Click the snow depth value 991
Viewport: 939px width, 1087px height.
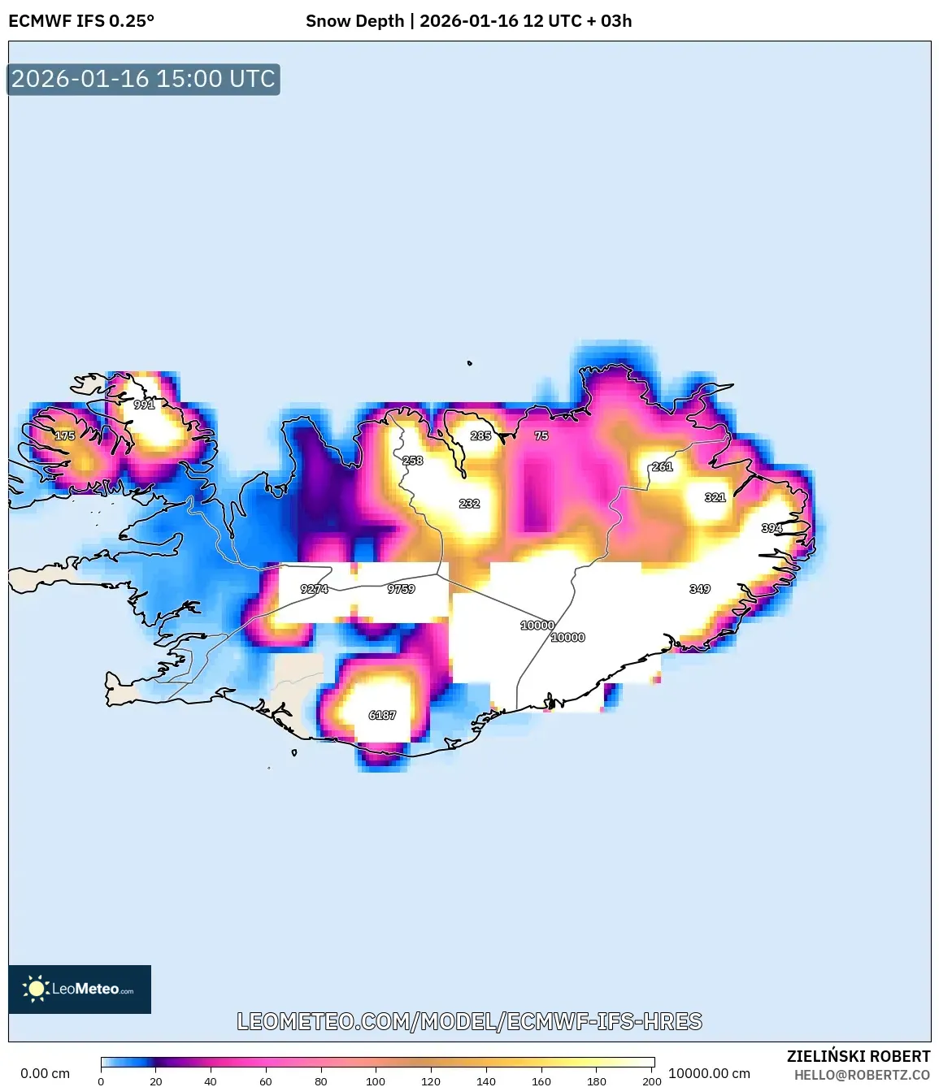pyautogui.click(x=144, y=405)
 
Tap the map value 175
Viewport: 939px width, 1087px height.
pyautogui.click(x=65, y=436)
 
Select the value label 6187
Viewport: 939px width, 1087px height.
pyautogui.click(x=382, y=716)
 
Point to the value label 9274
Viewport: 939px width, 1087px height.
pyautogui.click(x=315, y=589)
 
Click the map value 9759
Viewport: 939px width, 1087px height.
pyautogui.click(x=402, y=589)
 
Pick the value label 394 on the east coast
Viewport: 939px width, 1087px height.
pyautogui.click(x=772, y=529)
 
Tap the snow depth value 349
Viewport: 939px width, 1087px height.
pyautogui.click(x=700, y=589)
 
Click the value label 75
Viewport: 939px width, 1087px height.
pyautogui.click(x=541, y=436)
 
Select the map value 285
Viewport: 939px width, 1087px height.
pyautogui.click(x=481, y=436)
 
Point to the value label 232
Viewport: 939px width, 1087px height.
pyautogui.click(x=470, y=504)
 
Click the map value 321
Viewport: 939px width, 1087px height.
pyautogui.click(x=715, y=497)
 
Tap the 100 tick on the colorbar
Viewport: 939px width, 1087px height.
pyautogui.click(x=376, y=1081)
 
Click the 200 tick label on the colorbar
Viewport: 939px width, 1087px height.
pyautogui.click(x=652, y=1081)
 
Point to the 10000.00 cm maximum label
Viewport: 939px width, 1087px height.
pyautogui.click(x=709, y=1073)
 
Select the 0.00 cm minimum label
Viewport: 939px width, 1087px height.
pyautogui.click(x=45, y=1073)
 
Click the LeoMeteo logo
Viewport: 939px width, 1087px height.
pyautogui.click(x=80, y=989)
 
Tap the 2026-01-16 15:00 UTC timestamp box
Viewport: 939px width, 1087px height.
pyautogui.click(x=143, y=80)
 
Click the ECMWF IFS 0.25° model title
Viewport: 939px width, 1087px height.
pyautogui.click(x=81, y=21)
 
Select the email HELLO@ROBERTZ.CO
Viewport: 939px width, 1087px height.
pyautogui.click(x=862, y=1075)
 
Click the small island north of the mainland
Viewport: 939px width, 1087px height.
pyautogui.click(x=470, y=363)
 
